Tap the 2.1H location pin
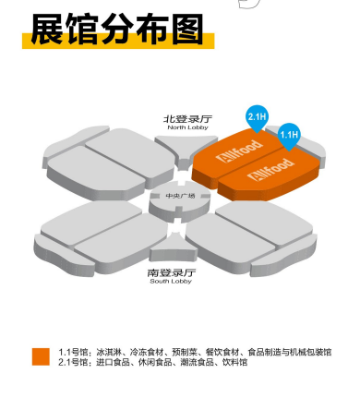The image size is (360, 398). coord(257,117)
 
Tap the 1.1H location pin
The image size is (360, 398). coord(289,136)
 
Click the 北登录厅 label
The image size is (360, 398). coord(186,119)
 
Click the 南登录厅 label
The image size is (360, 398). coord(173,272)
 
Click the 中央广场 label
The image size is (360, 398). coord(174,197)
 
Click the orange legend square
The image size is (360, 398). coord(41,356)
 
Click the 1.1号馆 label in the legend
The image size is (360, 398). coord(73,352)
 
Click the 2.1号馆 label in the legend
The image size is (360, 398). coord(73,362)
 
